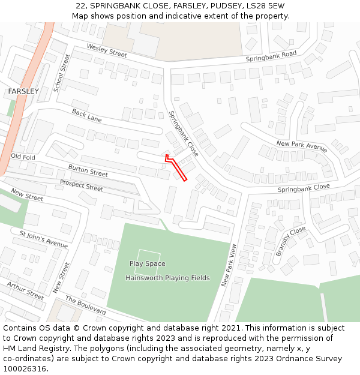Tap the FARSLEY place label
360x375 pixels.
[x=23, y=91]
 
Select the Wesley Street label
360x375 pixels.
[x=107, y=50]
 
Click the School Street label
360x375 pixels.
[x=62, y=73]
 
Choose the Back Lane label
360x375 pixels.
[x=86, y=115]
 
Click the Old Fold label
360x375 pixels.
[x=23, y=157]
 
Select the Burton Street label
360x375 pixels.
[x=88, y=170]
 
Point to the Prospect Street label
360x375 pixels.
[x=81, y=185]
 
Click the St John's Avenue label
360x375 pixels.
[x=44, y=239]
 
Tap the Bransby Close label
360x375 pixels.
[x=290, y=242]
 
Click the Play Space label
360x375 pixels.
[x=148, y=263]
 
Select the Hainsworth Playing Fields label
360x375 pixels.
[x=167, y=278]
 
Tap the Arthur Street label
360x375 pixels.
[x=25, y=290]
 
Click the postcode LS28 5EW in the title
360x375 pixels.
[x=266, y=6]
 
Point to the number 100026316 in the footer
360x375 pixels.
[x=23, y=369]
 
